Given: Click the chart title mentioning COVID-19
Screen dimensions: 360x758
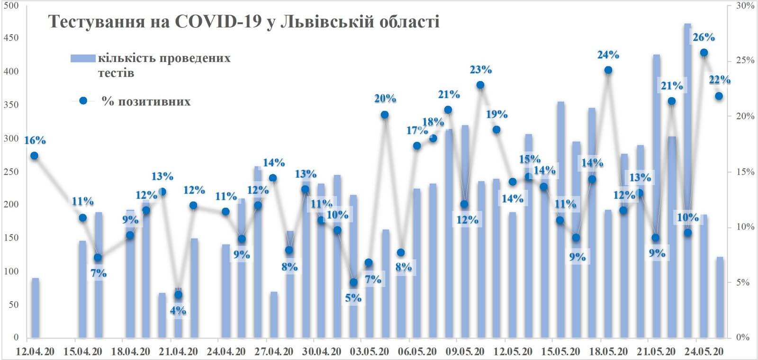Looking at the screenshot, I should coord(244,22).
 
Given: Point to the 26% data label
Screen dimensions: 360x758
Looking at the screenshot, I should coord(704,37).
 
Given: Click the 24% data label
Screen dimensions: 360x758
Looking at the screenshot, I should coord(608,55).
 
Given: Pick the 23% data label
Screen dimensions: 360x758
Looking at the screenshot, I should coord(480,70).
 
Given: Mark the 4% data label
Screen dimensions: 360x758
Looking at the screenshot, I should coord(178,311).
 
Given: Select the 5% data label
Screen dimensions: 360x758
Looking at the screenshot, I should coord(353,298).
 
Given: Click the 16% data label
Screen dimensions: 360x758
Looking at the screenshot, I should coord(35,140).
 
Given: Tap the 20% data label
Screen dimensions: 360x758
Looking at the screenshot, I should coord(385,99).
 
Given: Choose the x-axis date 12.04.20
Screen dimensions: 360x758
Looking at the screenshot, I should coord(35,351).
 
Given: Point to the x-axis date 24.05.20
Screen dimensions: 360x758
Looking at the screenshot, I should coord(704,351).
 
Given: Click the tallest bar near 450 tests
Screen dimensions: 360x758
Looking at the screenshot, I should coord(687,180).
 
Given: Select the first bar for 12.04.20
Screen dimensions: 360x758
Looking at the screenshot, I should coord(35,308).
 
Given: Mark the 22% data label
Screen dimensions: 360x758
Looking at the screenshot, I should coord(720,80).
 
